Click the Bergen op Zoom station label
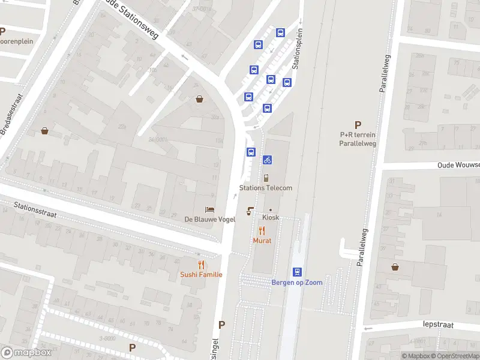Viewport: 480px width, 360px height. click(297, 283)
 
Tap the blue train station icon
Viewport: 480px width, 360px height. click(297, 272)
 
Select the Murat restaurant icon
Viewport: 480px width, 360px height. click(262, 230)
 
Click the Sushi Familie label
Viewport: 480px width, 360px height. click(201, 275)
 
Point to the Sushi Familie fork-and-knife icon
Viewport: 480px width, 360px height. click(201, 264)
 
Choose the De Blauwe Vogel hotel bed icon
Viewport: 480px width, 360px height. click(209, 209)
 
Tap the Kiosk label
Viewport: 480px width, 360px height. click(271, 217)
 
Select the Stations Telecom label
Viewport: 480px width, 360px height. click(266, 188)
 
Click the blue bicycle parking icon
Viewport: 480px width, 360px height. click(267, 160)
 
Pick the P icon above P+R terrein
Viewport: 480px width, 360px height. click(358, 125)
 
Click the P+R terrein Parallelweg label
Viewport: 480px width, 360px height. click(358, 139)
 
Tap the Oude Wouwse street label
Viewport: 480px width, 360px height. click(458, 165)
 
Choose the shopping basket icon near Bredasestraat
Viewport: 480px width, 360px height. click(44, 130)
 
